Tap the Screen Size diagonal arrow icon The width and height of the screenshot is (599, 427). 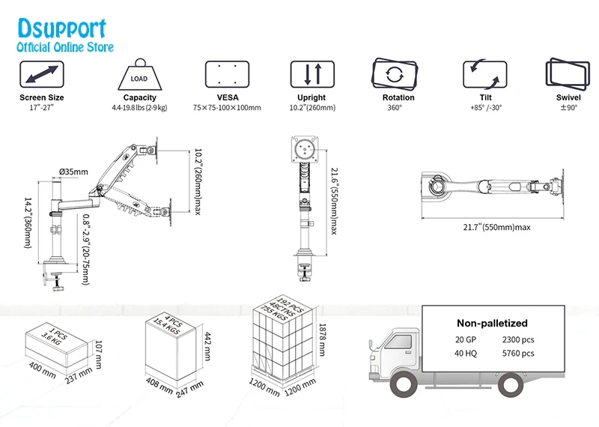[x=42, y=75]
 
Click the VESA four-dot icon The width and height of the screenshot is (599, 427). [x=227, y=75]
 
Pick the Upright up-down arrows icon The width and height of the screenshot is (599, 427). [x=311, y=75]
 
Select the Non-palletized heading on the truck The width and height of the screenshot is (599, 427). [x=492, y=324]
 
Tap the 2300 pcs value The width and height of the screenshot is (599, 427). [x=518, y=339]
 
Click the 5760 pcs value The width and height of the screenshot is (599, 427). [x=518, y=353]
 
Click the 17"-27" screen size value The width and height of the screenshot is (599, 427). [x=42, y=108]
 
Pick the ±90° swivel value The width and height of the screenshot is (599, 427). [x=568, y=108]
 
